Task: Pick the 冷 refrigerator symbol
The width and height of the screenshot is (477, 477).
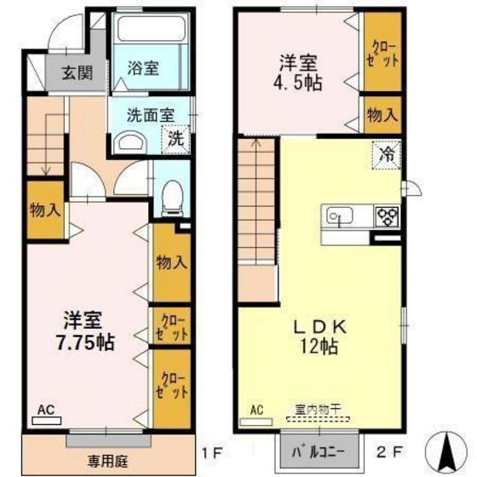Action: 385,156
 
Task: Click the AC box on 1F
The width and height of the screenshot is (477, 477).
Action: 45,410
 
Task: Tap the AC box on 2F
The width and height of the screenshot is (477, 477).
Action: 256,411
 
